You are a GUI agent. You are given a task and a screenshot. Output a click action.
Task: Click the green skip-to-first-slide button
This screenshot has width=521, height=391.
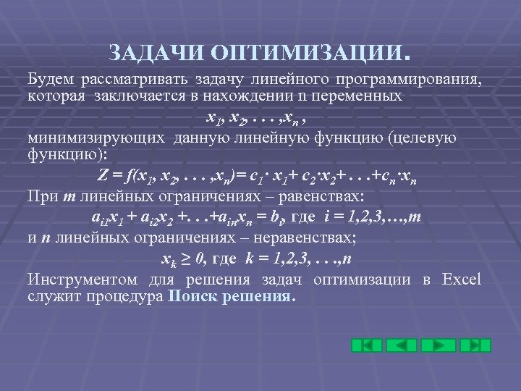(x=367, y=345)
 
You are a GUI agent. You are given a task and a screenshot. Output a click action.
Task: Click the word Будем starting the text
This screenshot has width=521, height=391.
(x=50, y=77)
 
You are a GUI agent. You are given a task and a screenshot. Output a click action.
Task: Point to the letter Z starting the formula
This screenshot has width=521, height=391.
(x=102, y=176)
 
